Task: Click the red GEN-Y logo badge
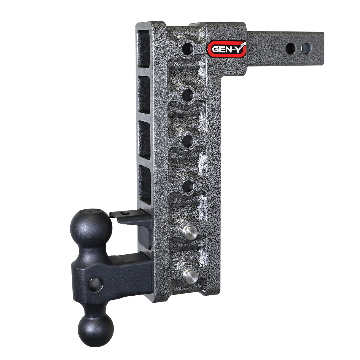click(x=226, y=48)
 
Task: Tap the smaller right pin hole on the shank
click(x=306, y=47)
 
